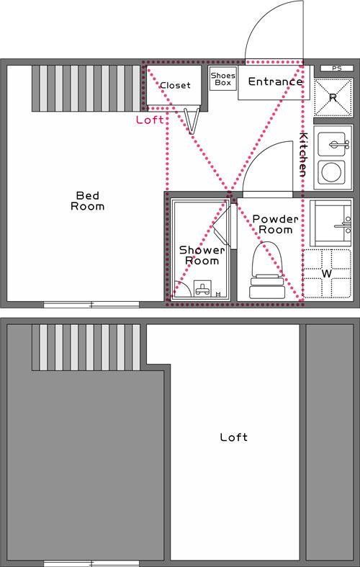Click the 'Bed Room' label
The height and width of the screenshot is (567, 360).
(x=87, y=200)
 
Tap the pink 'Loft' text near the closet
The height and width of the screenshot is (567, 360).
(x=150, y=120)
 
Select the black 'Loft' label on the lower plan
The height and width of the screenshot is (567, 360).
(x=234, y=437)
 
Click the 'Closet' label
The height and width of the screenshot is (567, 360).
(x=175, y=85)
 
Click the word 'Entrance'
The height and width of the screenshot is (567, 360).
(x=274, y=81)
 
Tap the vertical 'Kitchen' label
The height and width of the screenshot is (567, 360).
(x=303, y=154)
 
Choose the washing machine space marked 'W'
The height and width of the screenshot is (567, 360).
(x=326, y=274)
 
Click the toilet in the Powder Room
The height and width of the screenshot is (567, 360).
(x=266, y=270)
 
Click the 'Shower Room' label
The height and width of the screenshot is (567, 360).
(x=198, y=255)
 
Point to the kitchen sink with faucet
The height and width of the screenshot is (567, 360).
(x=333, y=145)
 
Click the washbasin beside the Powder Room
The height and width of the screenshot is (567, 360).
(x=333, y=223)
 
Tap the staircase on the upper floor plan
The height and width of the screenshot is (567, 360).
(x=86, y=88)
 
